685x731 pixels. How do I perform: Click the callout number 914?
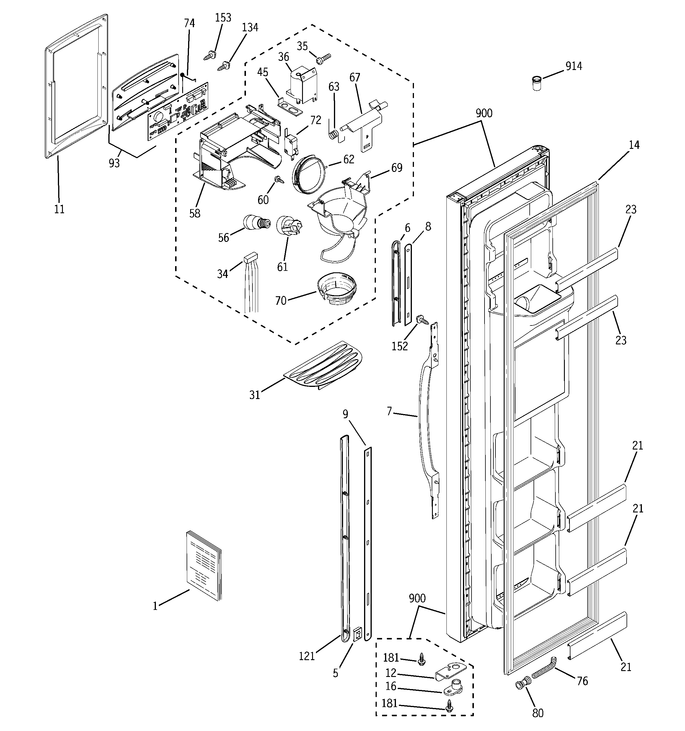[574, 66]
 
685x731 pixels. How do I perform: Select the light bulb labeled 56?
[256, 222]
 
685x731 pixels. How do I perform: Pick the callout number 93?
[114, 163]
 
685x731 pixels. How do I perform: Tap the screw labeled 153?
[210, 56]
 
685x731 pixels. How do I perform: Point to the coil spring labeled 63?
[333, 134]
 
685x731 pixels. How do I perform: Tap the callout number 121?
[307, 656]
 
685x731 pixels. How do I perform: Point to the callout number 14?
[634, 145]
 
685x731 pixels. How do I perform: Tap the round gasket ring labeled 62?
[309, 174]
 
